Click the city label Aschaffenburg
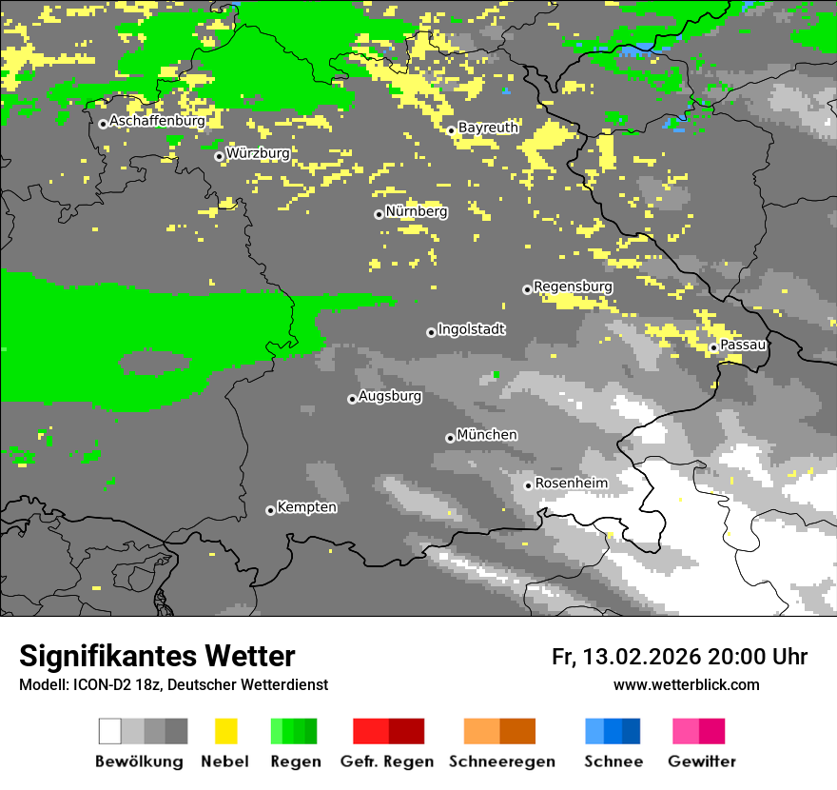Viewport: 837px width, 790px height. [x=157, y=122]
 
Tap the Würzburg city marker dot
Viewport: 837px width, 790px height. [x=219, y=156]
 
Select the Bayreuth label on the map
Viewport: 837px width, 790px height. [x=488, y=128]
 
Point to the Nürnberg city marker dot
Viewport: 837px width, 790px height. [x=379, y=214]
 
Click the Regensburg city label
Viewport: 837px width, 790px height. [x=573, y=286]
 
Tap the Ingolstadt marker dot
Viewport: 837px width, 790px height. [x=431, y=332]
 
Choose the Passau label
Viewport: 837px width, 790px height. [x=743, y=345]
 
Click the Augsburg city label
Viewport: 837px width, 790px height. [x=390, y=396]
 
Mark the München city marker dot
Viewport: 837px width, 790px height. [x=450, y=438]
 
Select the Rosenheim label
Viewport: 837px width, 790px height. [x=571, y=484]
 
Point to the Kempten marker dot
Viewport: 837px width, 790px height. [x=270, y=510]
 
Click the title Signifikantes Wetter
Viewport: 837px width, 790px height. [x=157, y=656]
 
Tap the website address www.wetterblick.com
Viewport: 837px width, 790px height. [x=687, y=684]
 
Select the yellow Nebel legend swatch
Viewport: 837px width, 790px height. [x=225, y=731]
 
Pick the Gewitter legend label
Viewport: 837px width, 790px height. [x=702, y=761]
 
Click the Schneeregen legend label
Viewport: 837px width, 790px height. [x=501, y=761]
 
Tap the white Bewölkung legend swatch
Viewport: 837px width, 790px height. [x=109, y=731]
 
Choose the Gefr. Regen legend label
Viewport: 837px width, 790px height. [x=386, y=761]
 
